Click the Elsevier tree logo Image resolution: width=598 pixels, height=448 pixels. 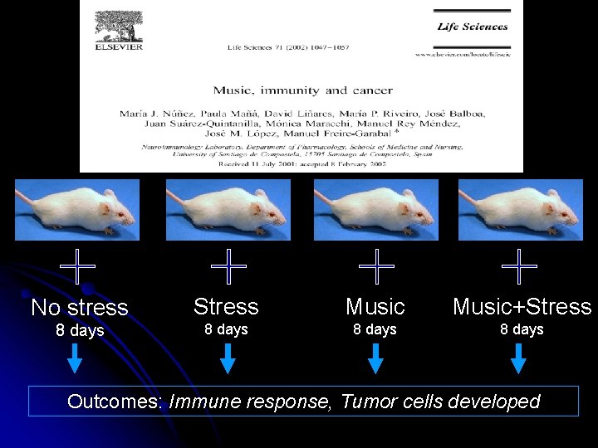coord(118,27)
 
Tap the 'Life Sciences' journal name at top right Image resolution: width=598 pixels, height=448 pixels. coord(472,27)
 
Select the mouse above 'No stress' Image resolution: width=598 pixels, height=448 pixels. coord(77,210)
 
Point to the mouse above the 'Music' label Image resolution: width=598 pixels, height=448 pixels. coord(375,210)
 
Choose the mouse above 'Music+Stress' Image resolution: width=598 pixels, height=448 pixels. coord(521,210)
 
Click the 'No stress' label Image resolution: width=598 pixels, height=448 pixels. coord(80,308)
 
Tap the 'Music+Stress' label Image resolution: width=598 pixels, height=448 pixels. coord(522,307)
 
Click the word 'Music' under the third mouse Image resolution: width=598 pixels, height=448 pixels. coord(375,307)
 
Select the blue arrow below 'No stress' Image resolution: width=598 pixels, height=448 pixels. coord(75,359)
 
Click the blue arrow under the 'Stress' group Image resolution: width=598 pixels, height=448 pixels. coord(228,359)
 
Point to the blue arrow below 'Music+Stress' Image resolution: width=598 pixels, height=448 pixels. coord(519,359)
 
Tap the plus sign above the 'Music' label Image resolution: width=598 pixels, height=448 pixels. coord(375,267)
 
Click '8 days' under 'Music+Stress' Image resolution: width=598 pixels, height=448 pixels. coord(522,329)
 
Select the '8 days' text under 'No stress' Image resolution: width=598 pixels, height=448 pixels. coord(80,330)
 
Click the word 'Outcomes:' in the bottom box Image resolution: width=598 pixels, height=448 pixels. coord(115,402)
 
